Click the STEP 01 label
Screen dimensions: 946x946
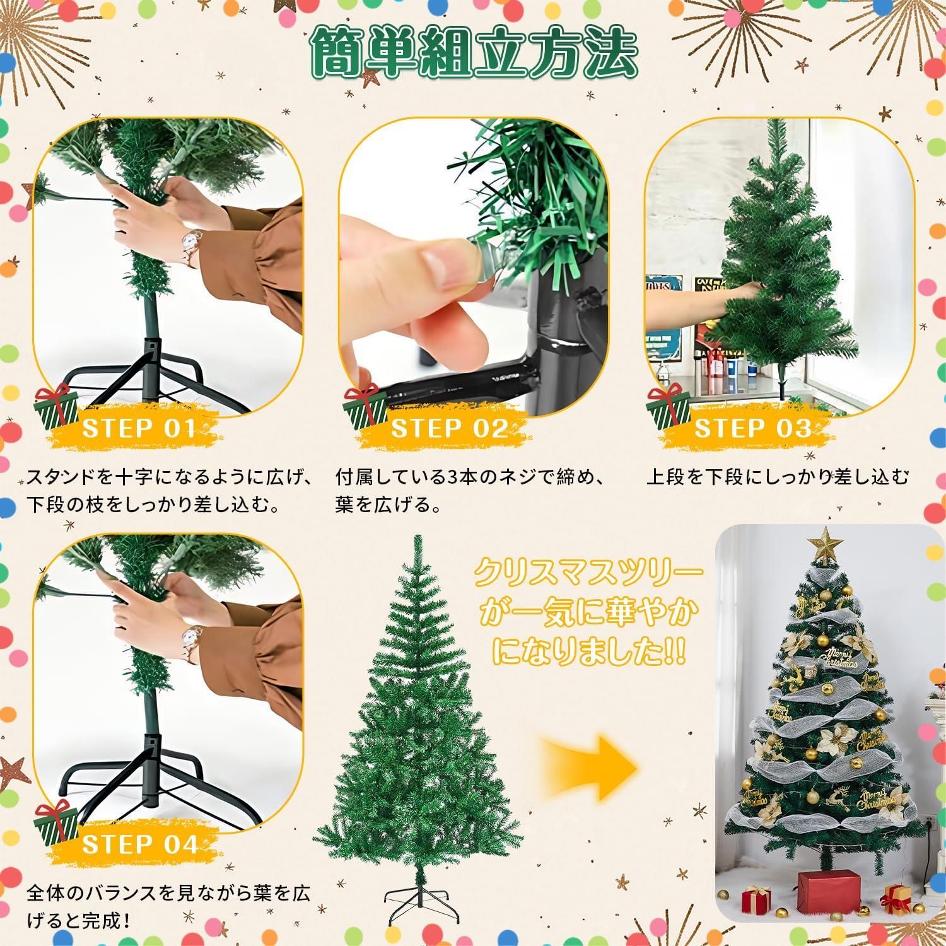click(139, 429)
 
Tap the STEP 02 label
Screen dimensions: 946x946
click(449, 429)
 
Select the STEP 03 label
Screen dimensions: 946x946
click(752, 429)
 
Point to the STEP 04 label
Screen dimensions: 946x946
click(140, 844)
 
